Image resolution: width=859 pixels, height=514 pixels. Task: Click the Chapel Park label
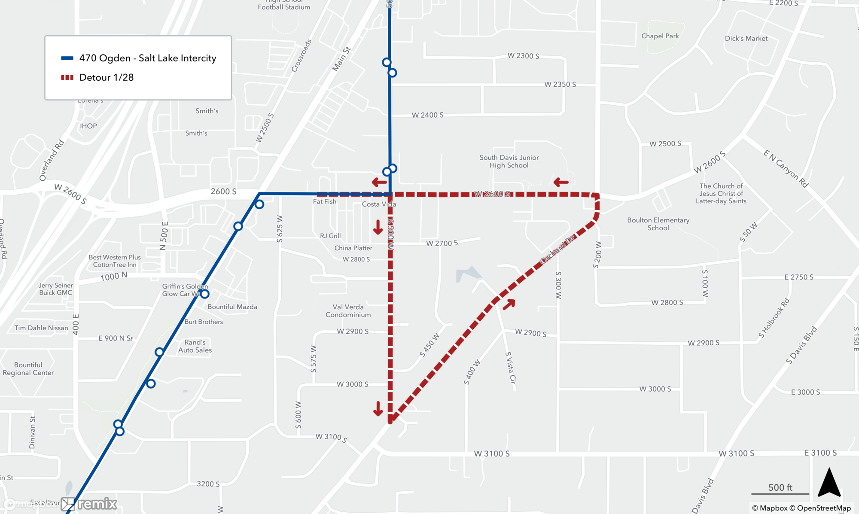[660, 36]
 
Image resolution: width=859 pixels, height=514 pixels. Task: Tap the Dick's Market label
[746, 38]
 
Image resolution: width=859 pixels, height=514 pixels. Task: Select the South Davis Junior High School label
[509, 161]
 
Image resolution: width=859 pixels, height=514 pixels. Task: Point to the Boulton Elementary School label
[658, 224]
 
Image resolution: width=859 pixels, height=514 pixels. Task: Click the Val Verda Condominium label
[348, 311]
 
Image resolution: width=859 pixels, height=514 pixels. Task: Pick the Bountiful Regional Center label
[28, 369]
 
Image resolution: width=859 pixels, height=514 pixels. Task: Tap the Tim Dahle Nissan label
[41, 328]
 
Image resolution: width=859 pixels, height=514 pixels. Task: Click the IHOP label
[88, 126]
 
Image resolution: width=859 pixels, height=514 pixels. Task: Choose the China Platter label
[353, 248]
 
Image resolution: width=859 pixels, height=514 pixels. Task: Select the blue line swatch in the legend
[67, 58]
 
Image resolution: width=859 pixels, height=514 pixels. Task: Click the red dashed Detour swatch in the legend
[67, 78]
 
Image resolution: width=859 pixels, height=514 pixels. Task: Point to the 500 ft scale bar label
[780, 487]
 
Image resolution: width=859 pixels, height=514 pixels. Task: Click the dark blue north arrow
[829, 483]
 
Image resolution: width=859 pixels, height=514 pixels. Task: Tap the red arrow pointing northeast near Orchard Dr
[509, 304]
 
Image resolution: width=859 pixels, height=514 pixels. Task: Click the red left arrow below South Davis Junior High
[561, 182]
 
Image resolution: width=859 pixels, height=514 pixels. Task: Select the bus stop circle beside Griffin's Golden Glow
[205, 294]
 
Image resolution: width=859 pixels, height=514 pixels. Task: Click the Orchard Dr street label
[557, 250]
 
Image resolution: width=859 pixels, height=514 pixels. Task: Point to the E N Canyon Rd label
[786, 168]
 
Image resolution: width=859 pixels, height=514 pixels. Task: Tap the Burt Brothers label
[204, 322]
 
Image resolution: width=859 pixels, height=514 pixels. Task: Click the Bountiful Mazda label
[232, 307]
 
